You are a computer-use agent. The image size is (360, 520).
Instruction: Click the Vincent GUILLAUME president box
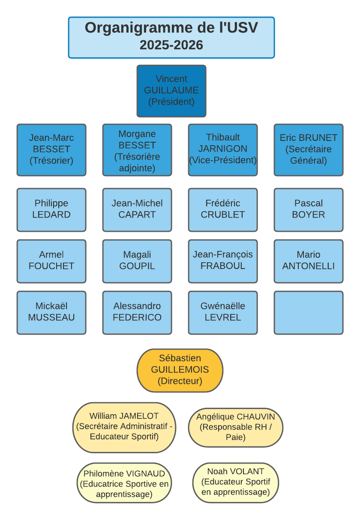coord(171,91)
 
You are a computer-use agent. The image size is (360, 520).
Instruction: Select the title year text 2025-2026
coord(171,45)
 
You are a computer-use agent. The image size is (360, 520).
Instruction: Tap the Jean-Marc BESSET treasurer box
coord(51,149)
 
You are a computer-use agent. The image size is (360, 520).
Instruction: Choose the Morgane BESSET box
coord(137,149)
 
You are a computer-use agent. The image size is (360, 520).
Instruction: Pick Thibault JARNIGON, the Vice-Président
coord(223,149)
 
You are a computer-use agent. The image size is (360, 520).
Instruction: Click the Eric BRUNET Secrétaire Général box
coord(309,149)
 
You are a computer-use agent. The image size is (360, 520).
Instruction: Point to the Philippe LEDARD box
coord(51,209)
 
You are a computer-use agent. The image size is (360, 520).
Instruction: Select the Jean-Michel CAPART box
coord(137,209)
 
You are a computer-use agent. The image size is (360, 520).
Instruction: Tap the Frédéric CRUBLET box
coord(223,209)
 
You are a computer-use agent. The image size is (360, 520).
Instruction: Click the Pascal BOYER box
coord(309,209)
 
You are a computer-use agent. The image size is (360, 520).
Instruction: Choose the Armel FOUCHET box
coord(51,261)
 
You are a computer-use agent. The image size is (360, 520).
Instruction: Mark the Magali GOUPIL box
coord(137,261)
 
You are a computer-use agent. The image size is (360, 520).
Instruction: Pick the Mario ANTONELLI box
coord(309,261)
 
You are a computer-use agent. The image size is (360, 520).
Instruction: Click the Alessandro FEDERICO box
coord(137,312)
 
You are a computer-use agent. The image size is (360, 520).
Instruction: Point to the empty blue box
coord(309,312)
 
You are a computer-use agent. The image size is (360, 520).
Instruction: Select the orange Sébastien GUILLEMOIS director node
coord(180,370)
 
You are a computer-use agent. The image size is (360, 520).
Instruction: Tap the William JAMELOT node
coord(124,427)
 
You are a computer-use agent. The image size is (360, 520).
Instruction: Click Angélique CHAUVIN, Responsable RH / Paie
coord(236,427)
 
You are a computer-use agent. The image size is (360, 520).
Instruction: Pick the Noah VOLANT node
coord(236,482)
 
